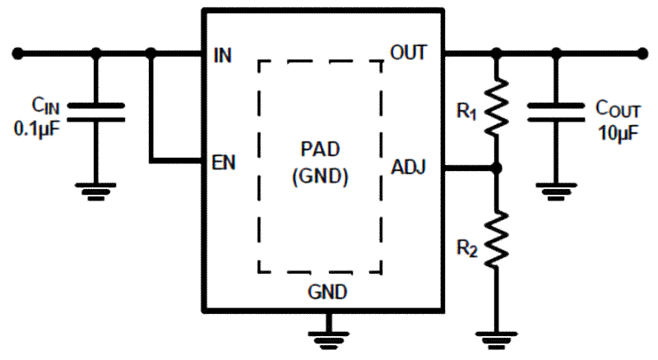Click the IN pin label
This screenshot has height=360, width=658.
(222, 56)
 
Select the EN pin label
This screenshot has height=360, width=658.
(224, 162)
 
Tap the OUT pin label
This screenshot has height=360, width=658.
(409, 53)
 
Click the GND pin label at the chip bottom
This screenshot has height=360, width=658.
(327, 292)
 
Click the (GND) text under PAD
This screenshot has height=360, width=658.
(321, 176)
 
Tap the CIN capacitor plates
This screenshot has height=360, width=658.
(96, 112)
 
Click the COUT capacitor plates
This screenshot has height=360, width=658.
(557, 112)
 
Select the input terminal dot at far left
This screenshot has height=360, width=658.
(17, 54)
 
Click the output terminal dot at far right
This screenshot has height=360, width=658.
(642, 54)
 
